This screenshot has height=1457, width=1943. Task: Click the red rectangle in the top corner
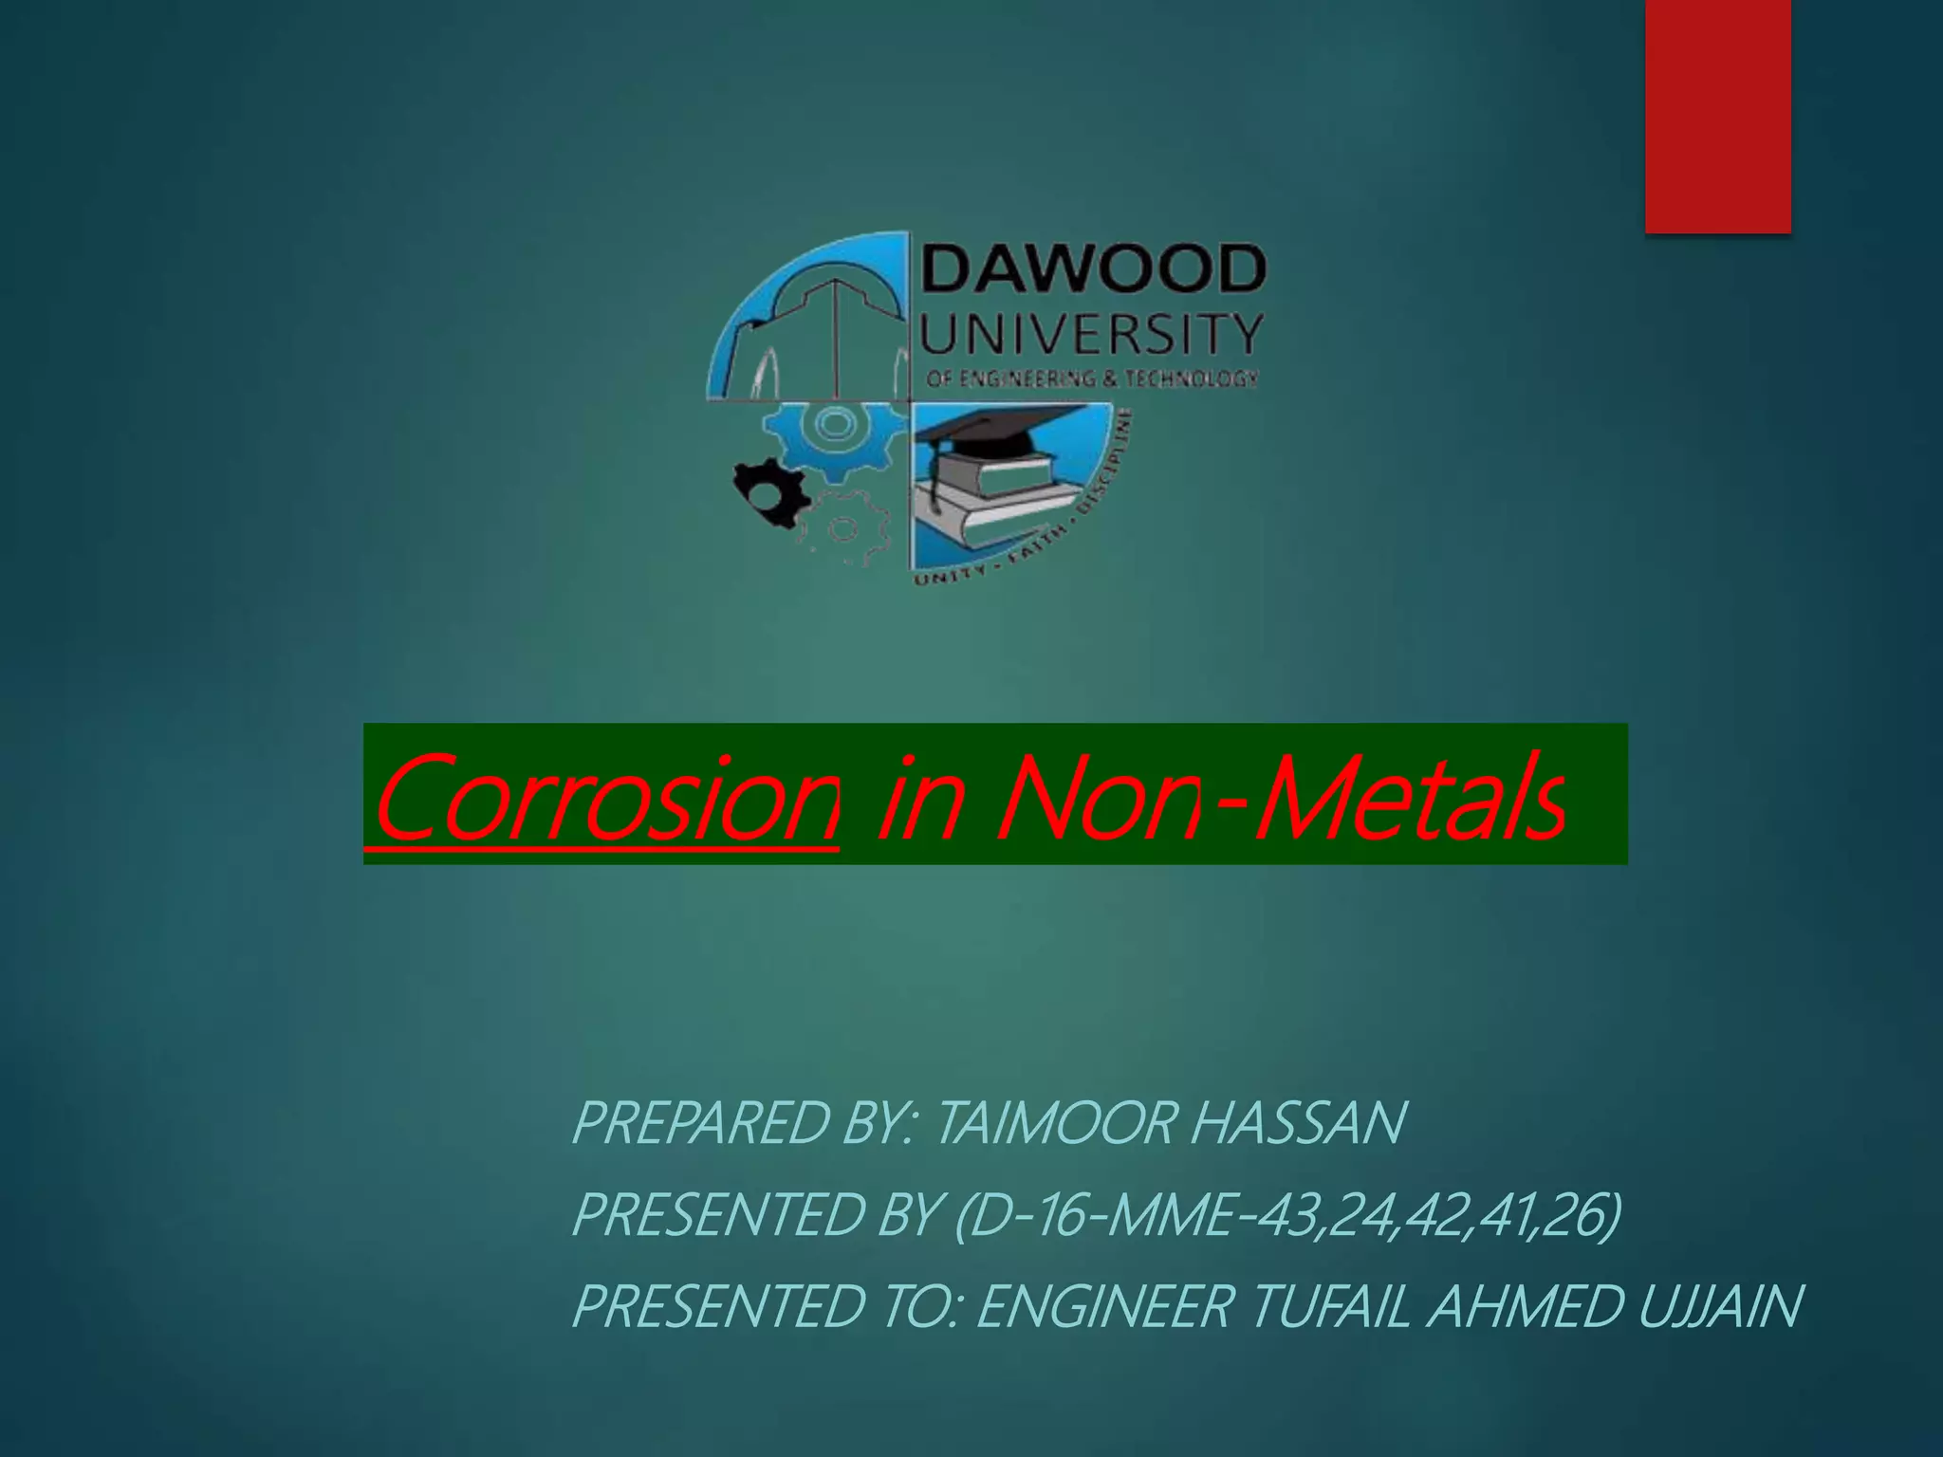pos(1717,116)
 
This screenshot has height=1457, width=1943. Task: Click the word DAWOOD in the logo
pos(1092,269)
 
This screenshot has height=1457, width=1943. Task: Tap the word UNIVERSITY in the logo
pos(1091,334)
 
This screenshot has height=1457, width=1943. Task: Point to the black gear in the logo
pos(770,492)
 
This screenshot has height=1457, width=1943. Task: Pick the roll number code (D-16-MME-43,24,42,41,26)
pos(1286,1215)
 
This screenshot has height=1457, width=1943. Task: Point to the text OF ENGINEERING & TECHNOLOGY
pos(1091,379)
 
